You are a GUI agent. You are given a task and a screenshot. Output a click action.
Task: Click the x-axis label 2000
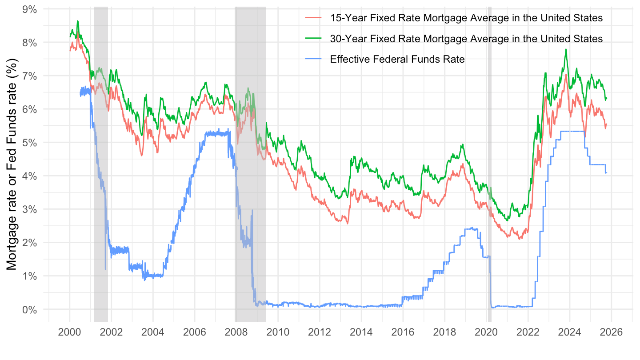point(69,332)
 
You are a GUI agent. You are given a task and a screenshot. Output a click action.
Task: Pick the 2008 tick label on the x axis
point(236,332)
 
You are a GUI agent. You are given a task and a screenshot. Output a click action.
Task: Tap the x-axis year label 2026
point(611,332)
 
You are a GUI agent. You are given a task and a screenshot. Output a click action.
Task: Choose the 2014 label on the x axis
point(361,332)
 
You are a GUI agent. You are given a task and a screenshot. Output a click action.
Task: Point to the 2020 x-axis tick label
point(486,332)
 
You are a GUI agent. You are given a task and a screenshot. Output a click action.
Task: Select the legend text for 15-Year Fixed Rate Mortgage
point(466,18)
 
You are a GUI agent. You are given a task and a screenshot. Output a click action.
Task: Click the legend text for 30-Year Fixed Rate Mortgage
point(466,39)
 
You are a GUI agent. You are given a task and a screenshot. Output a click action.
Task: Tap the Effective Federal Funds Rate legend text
point(397,59)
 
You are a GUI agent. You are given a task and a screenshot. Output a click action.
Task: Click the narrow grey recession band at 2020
point(489,178)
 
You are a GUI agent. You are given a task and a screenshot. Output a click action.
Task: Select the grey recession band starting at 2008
point(250,178)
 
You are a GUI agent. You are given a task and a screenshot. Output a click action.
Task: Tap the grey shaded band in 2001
point(101,178)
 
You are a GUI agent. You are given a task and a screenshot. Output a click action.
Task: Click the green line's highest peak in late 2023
point(566,50)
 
